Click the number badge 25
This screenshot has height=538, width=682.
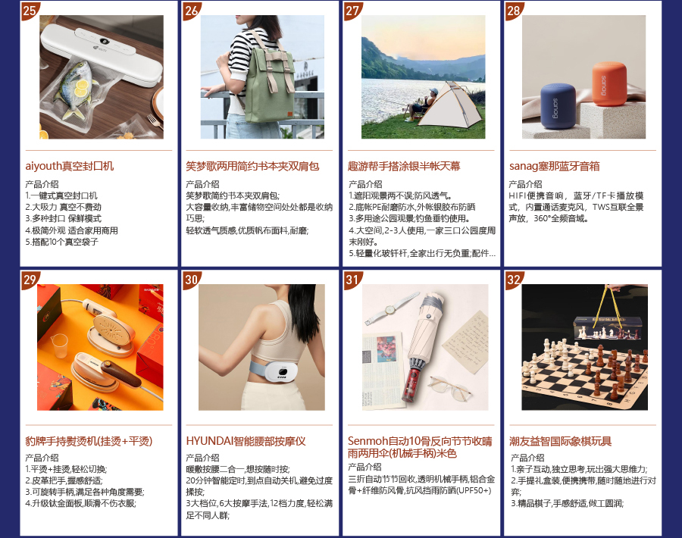(x=30, y=11)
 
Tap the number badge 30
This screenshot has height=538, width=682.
(x=191, y=280)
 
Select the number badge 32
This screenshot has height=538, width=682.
(x=514, y=280)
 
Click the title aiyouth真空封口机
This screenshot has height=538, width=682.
(x=70, y=166)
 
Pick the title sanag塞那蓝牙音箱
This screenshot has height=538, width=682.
(x=555, y=166)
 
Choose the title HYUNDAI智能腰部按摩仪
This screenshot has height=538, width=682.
(x=246, y=441)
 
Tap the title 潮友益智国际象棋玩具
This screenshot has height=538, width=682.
(x=561, y=441)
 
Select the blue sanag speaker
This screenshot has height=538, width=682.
(x=558, y=106)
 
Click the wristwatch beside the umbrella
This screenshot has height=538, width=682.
(x=389, y=308)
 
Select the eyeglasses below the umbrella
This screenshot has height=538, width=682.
(x=449, y=387)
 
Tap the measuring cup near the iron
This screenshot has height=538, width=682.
(x=59, y=346)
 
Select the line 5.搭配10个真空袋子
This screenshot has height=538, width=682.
(x=62, y=242)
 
